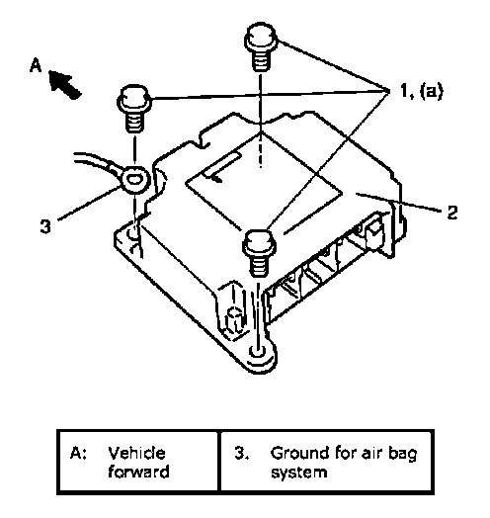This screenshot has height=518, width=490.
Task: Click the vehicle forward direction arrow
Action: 65,84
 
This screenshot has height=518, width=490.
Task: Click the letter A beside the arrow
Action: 36,65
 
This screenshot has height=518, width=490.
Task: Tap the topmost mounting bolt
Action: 261,46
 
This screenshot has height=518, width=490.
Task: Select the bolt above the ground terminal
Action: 134,108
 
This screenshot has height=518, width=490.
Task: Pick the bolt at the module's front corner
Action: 260,253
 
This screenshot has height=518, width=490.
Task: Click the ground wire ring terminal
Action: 135,179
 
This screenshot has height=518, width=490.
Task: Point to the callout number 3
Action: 45,226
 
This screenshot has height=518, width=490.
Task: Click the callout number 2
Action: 451,212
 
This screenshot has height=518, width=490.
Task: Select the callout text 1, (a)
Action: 422,91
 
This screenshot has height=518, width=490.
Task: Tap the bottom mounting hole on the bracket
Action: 258,352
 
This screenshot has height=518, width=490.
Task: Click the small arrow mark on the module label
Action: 216,179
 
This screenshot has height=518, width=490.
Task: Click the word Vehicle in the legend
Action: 136,453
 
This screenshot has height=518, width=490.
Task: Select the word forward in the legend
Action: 138,472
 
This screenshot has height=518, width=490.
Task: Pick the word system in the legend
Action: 299,473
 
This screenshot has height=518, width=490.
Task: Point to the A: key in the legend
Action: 78,453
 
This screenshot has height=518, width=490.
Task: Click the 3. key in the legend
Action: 241,453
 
